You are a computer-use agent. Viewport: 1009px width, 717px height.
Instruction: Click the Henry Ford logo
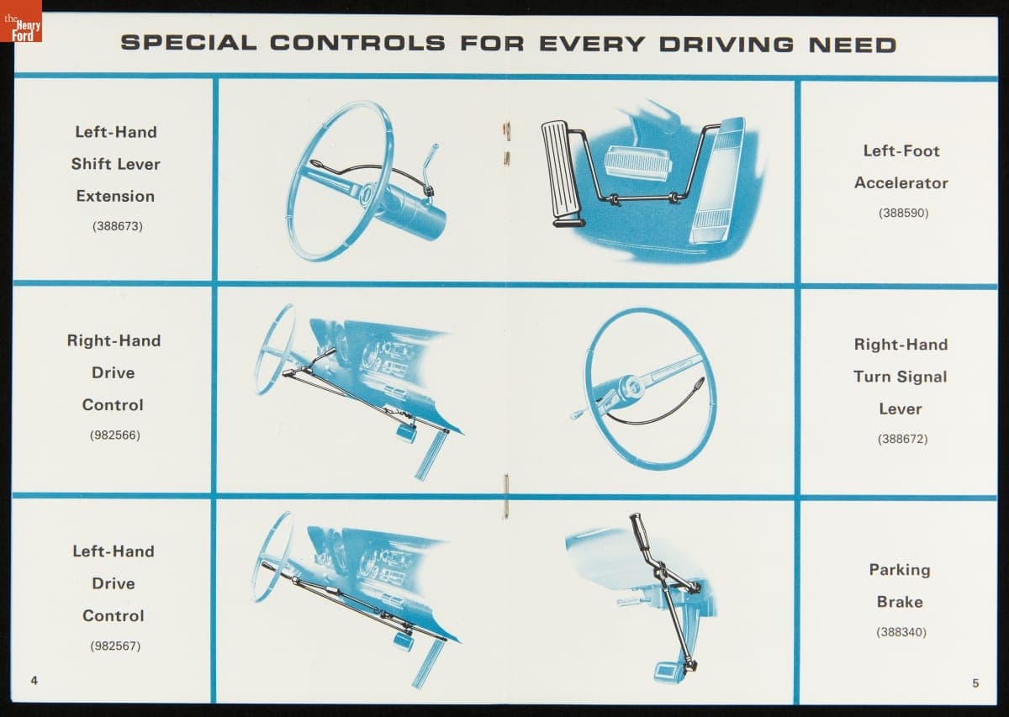pyautogui.click(x=21, y=21)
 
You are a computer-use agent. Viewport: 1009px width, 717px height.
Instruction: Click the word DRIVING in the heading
pyautogui.click(x=726, y=45)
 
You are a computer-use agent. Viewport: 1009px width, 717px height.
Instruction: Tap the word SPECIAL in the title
pyautogui.click(x=188, y=43)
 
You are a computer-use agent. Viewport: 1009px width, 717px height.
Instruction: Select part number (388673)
pyautogui.click(x=118, y=225)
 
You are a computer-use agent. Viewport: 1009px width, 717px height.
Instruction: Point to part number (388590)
pyautogui.click(x=904, y=213)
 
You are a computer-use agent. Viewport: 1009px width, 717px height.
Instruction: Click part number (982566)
pyautogui.click(x=115, y=435)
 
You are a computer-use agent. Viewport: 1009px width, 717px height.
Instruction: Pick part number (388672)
pyautogui.click(x=903, y=439)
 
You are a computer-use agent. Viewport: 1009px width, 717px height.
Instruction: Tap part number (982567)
pyautogui.click(x=115, y=646)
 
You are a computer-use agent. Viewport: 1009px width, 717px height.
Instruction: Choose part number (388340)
pyautogui.click(x=901, y=632)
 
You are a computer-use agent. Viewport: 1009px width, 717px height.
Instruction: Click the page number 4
pyautogui.click(x=34, y=681)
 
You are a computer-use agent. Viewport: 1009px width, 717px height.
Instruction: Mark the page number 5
pyautogui.click(x=975, y=683)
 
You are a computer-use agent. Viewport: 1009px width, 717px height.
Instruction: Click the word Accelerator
pyautogui.click(x=901, y=183)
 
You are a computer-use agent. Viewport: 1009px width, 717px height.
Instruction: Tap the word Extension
pyautogui.click(x=115, y=196)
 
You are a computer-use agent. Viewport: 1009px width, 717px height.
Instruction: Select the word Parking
pyautogui.click(x=900, y=570)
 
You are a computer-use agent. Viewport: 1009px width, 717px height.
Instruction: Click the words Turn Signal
pyautogui.click(x=901, y=377)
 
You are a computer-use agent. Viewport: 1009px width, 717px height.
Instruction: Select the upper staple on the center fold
pyautogui.click(x=507, y=129)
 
